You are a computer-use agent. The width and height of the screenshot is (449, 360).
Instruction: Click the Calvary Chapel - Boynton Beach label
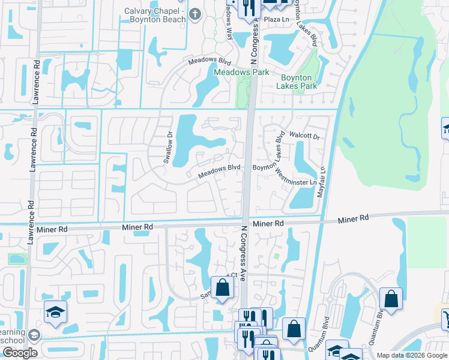154,16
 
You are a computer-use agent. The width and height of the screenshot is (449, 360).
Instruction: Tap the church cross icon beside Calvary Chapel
194,14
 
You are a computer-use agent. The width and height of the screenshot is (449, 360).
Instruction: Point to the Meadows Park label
241,72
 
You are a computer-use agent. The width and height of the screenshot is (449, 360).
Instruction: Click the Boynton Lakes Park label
297,82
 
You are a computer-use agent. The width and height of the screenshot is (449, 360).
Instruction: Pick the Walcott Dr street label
304,136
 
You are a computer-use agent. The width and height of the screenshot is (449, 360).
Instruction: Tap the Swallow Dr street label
169,148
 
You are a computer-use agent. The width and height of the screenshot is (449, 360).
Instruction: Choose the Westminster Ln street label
295,178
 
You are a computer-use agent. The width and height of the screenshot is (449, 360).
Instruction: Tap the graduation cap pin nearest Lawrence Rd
55,313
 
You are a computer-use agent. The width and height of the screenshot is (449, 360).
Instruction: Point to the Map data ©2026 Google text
412,355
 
